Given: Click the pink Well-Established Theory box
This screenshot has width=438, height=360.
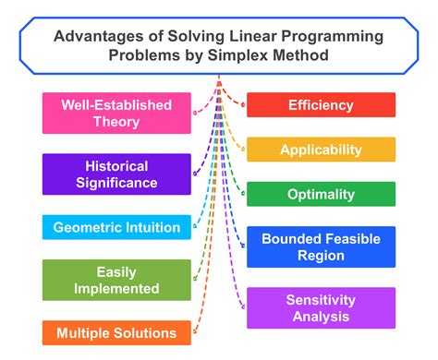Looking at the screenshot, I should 116,113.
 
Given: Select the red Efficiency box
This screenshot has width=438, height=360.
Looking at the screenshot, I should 321,104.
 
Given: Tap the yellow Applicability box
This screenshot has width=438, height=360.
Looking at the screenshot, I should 321,150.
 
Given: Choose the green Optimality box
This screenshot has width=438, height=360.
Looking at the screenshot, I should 321,194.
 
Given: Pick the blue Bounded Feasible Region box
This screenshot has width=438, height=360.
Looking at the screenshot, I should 321,246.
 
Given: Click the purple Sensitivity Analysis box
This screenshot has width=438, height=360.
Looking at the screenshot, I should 321,307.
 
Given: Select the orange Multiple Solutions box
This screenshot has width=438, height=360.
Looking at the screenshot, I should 116,332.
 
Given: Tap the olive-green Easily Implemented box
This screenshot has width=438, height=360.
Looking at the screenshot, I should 116,281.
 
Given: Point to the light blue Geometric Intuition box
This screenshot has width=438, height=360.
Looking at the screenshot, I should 116,227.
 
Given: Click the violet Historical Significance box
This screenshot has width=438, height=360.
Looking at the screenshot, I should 116,174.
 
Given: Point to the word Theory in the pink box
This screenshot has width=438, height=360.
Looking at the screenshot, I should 116,122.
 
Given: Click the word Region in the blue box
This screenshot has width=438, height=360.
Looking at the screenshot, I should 321,256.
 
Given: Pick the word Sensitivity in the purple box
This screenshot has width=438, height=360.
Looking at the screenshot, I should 321,299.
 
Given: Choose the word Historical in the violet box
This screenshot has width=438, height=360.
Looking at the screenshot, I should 116,165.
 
